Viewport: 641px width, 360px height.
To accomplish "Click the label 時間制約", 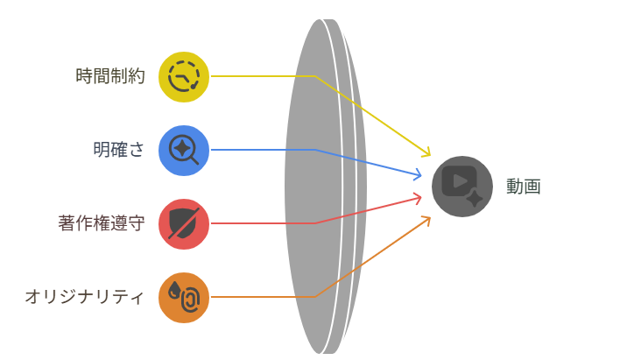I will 110,76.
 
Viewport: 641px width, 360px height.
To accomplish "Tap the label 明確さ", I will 119,150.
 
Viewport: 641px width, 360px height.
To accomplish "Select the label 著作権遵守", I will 101,223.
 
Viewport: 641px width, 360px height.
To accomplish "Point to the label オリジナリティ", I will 84,297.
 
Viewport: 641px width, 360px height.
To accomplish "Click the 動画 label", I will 524,187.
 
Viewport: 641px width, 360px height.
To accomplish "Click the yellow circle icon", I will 184,76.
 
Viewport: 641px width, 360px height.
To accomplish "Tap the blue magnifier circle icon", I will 184,150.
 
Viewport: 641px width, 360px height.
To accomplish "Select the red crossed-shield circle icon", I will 184,223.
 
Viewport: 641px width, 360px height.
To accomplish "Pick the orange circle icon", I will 184,297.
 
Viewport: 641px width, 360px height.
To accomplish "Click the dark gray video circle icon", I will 462,187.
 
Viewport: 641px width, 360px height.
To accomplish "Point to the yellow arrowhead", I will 426,153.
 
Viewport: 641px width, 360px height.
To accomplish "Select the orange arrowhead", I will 426,219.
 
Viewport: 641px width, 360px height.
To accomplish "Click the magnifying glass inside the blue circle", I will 183,149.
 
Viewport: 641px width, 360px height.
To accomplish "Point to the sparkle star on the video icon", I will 474,199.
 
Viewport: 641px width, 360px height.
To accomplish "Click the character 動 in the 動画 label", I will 515,187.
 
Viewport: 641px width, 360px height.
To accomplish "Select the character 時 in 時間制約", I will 84,76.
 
